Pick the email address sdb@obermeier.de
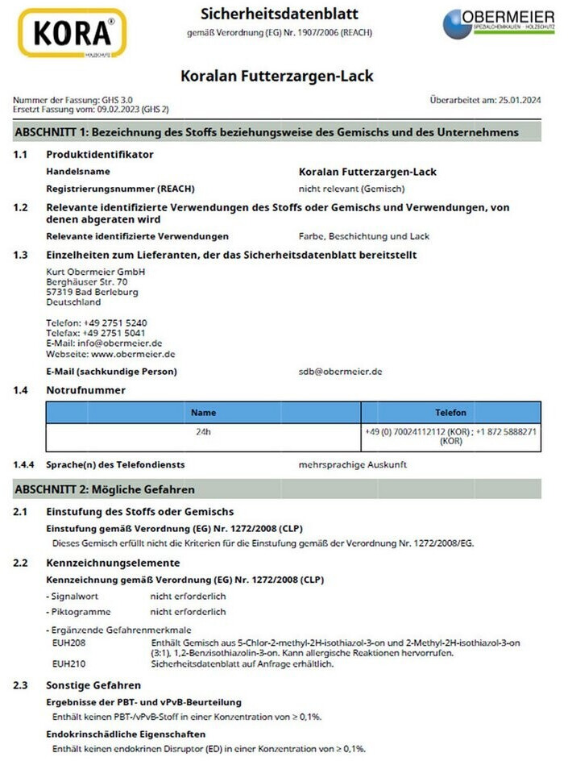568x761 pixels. [x=340, y=372]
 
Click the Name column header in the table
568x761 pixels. [x=203, y=412]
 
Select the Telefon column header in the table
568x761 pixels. [x=450, y=412]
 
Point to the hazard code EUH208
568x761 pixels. [x=69, y=642]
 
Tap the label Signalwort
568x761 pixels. [x=73, y=597]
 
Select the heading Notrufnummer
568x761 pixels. [x=86, y=390]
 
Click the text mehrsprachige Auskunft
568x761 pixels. [x=353, y=464]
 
